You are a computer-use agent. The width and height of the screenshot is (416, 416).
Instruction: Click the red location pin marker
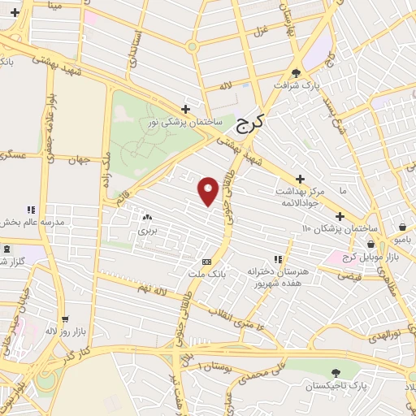208,190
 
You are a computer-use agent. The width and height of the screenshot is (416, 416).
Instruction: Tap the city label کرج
252,124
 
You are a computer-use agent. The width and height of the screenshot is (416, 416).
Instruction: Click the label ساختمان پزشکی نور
185,122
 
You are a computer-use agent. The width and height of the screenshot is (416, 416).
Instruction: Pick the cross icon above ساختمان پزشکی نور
185,109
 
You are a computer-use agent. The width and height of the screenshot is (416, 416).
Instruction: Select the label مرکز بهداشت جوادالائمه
300,192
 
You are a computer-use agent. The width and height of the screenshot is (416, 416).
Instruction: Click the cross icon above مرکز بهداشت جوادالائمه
300,179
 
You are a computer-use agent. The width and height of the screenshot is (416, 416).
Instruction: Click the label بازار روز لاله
63,331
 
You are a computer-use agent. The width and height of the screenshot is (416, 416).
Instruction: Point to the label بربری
146,231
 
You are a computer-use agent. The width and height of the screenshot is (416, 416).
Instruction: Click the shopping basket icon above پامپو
404,227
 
